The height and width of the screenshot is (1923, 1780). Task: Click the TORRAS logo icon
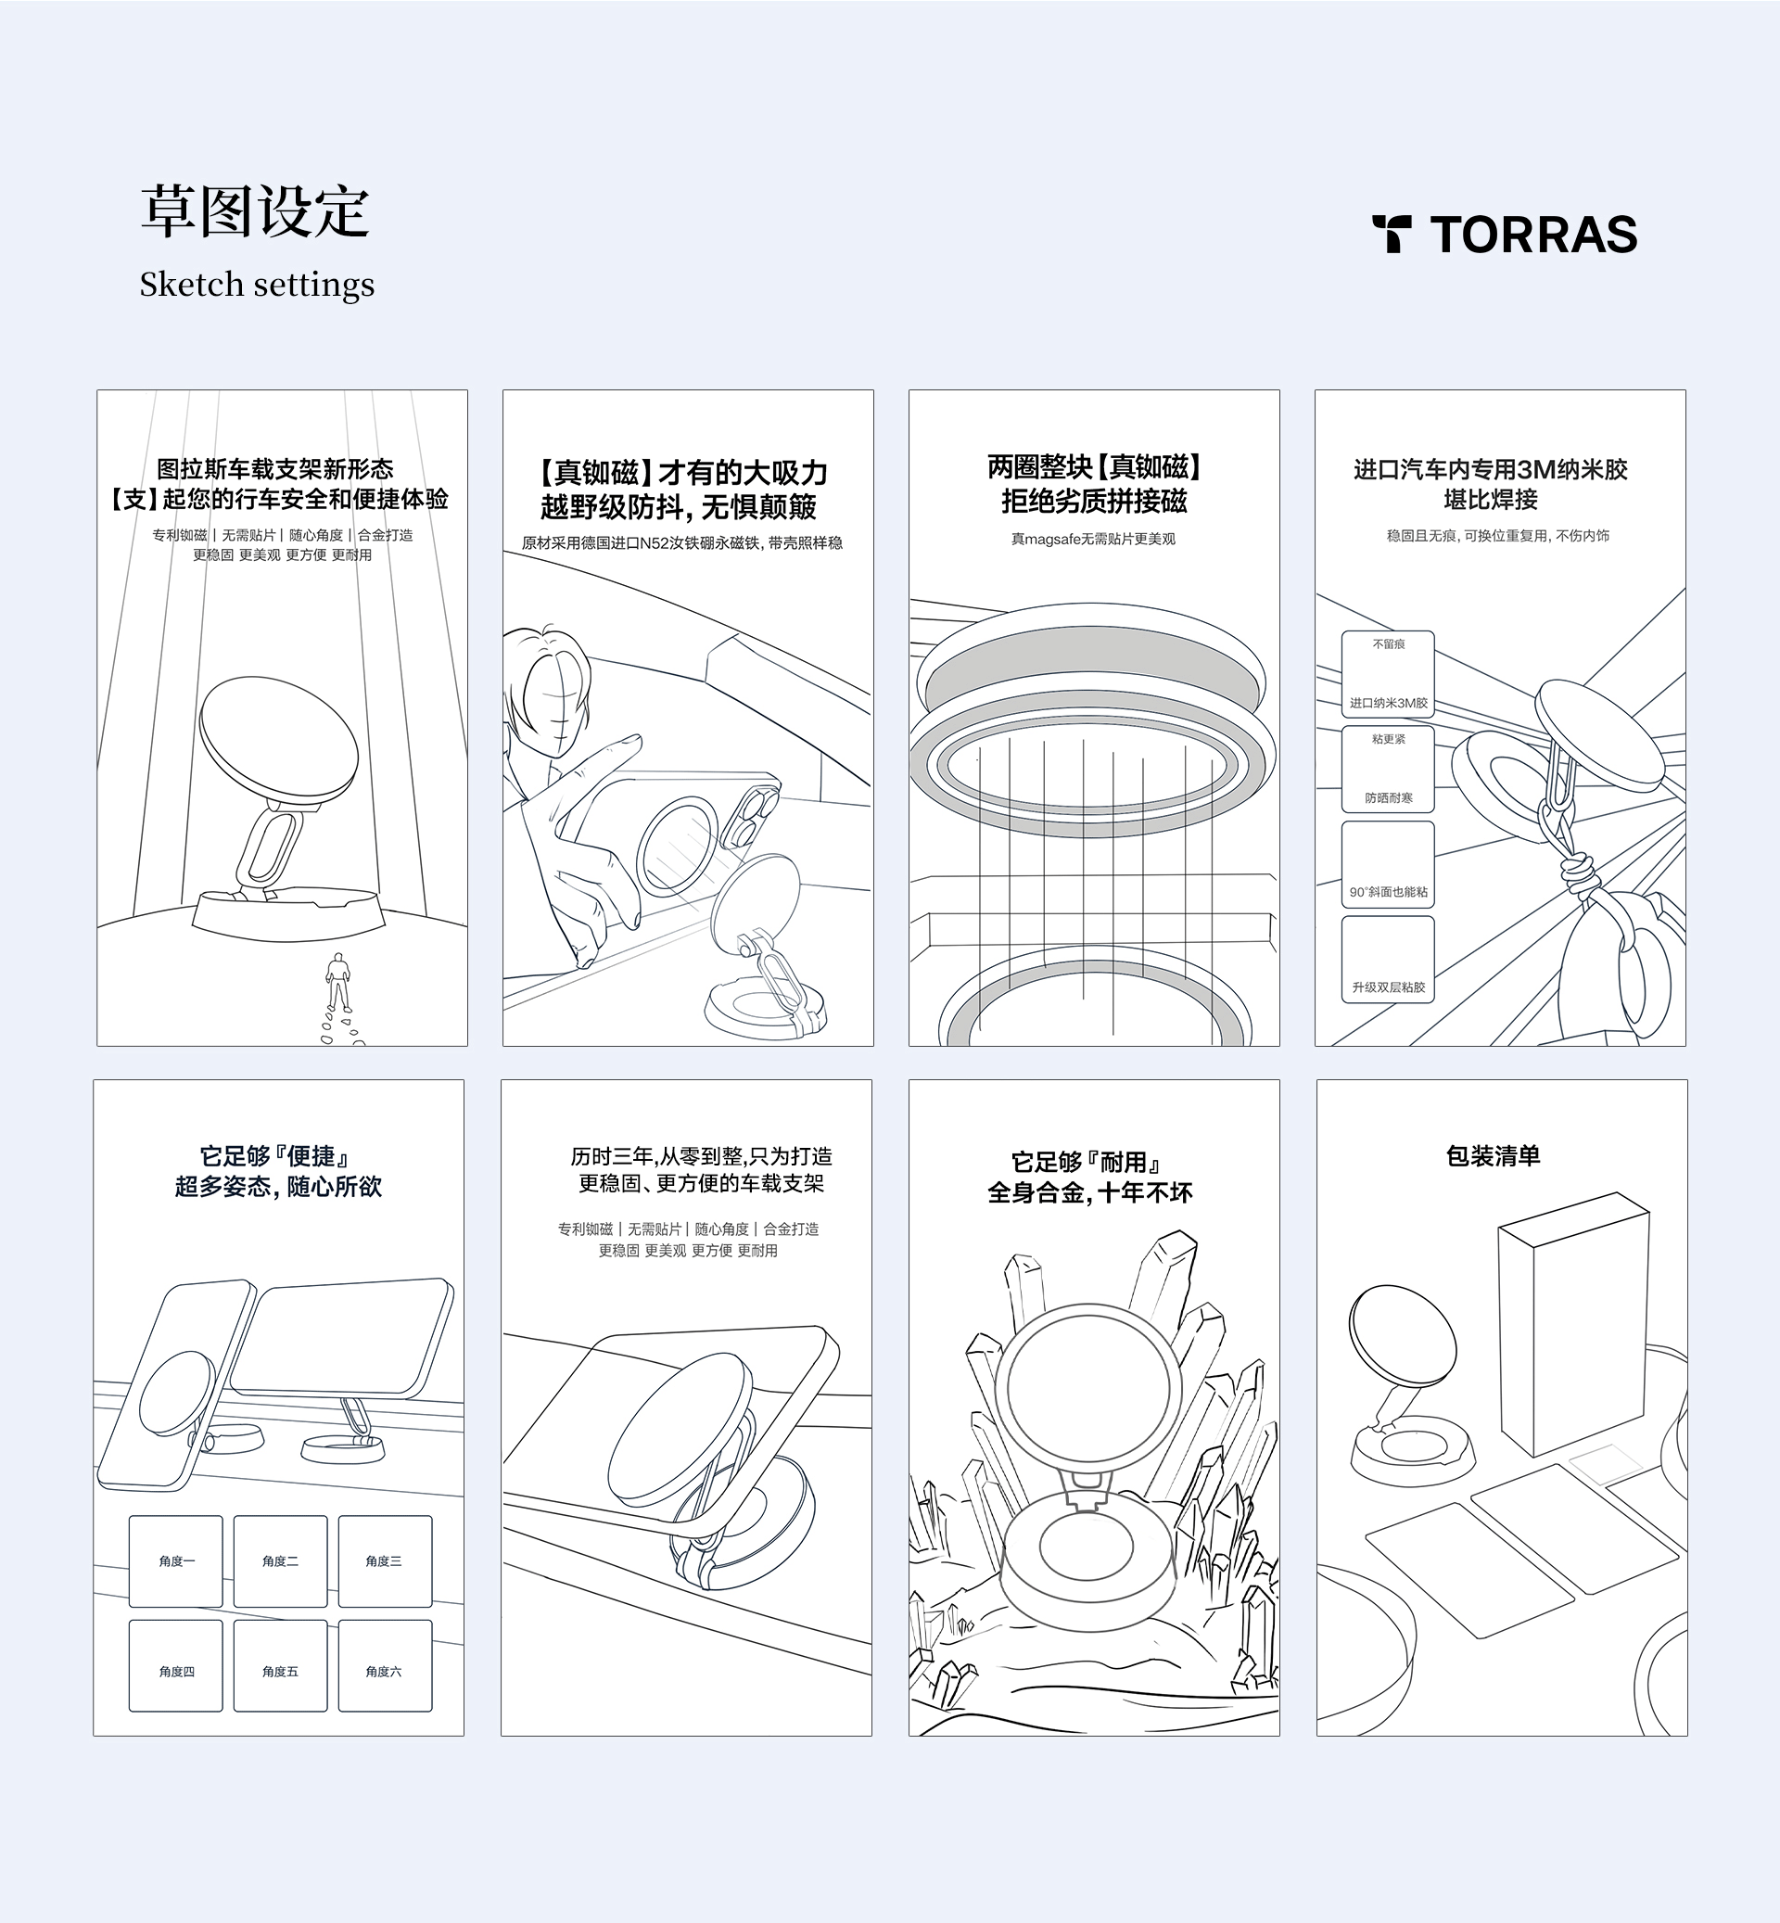coord(1392,234)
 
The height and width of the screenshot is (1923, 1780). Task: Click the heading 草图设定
coord(255,211)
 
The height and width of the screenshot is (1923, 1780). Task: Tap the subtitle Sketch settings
coord(256,286)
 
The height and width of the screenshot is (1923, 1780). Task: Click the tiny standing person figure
coord(337,980)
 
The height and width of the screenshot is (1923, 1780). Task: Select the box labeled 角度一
coord(176,1560)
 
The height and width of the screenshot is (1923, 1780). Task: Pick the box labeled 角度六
coord(385,1672)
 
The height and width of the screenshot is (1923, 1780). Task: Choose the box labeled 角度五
coord(280,1672)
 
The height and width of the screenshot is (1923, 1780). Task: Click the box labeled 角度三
coord(385,1560)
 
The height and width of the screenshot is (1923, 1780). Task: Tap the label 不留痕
coord(1389,644)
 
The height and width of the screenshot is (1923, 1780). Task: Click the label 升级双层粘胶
coord(1388,987)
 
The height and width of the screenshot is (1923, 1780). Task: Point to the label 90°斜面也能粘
coord(1388,892)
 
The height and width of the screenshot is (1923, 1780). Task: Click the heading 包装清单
coord(1493,1156)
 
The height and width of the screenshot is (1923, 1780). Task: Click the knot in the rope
coord(1578,874)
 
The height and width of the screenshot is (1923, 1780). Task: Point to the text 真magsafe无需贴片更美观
coord(1093,540)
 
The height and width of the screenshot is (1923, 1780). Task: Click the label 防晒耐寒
coord(1388,797)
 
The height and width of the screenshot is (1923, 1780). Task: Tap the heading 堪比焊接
coord(1491,500)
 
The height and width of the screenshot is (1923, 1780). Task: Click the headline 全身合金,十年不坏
coord(1090,1193)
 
